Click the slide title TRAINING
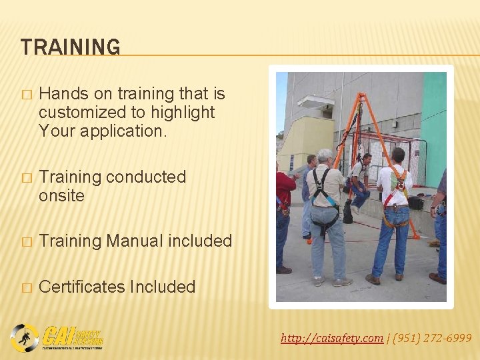pyautogui.click(x=71, y=47)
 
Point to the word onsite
pyautogui.click(x=61, y=195)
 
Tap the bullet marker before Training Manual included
pyautogui.click(x=26, y=241)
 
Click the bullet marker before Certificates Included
pyautogui.click(x=26, y=287)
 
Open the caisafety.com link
pyautogui.click(x=331, y=339)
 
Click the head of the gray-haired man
pyautogui.click(x=325, y=157)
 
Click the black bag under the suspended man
pyautogui.click(x=348, y=212)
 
